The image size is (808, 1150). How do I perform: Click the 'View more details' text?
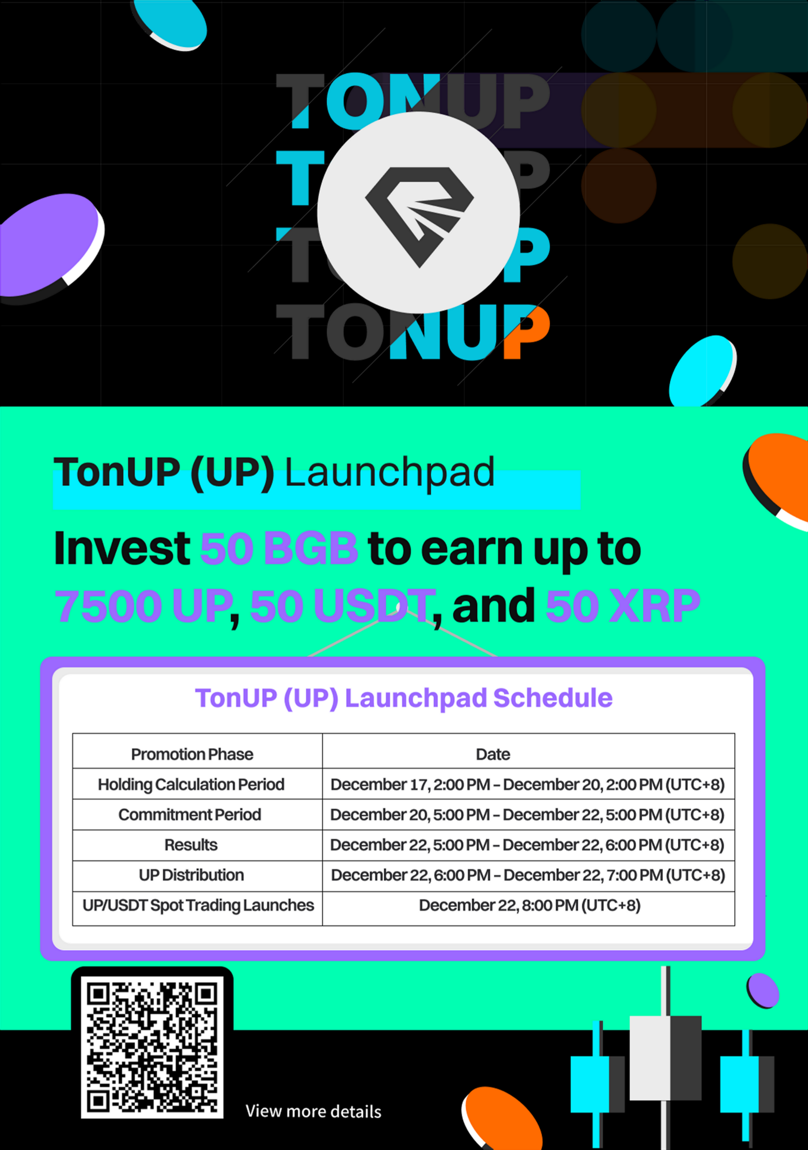pyautogui.click(x=313, y=1112)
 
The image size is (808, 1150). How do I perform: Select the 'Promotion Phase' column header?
pyautogui.click(x=192, y=754)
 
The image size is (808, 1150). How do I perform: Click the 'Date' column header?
pyautogui.click(x=493, y=754)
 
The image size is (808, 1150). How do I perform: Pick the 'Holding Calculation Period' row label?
pyautogui.click(x=191, y=784)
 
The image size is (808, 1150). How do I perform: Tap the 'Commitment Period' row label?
pyautogui.click(x=190, y=814)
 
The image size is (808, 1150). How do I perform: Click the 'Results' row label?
pyautogui.click(x=191, y=845)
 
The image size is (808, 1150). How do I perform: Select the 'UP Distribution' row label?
pyautogui.click(x=191, y=875)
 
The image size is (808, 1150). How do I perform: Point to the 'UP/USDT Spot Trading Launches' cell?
pyautogui.click(x=199, y=905)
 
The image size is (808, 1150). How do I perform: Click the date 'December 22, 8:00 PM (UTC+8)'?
pyautogui.click(x=529, y=905)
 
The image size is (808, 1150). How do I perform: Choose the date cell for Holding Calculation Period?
pyautogui.click(x=528, y=784)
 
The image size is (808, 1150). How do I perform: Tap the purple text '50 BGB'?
pyautogui.click(x=279, y=549)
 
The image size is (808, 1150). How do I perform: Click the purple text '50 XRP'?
pyautogui.click(x=622, y=605)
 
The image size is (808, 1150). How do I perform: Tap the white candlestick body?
pyautogui.click(x=650, y=1058)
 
